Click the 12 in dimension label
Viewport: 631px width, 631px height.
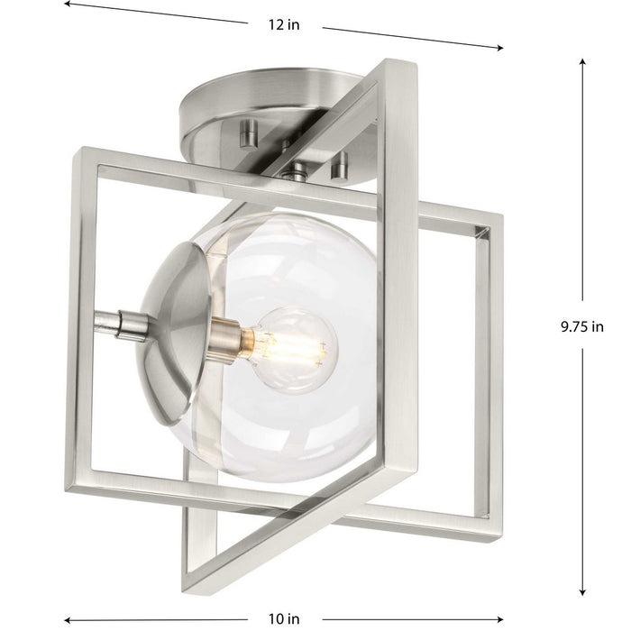(283, 24)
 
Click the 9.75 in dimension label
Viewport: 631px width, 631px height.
(581, 327)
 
